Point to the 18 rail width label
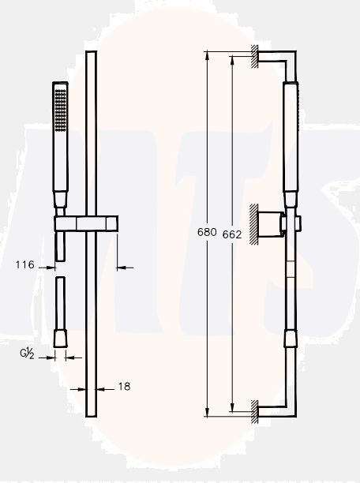(124, 386)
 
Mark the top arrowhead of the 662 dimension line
(234, 58)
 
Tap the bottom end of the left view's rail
(91, 417)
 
